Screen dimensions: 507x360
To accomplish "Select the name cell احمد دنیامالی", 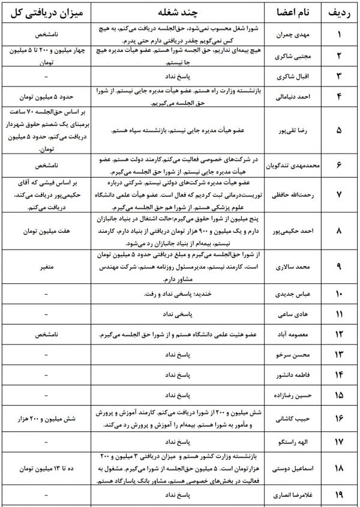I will (x=291, y=96).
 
